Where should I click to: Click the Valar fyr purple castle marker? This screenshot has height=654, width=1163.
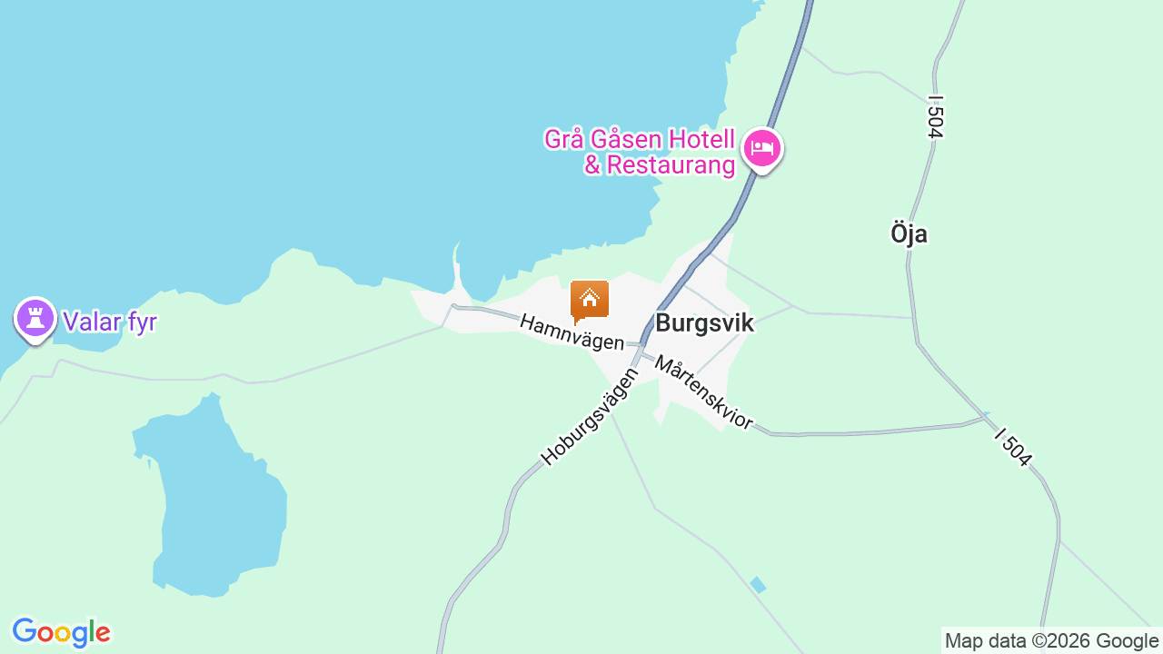(35, 319)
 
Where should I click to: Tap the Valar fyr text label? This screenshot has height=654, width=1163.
(109, 322)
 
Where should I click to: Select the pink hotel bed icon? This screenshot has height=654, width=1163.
(761, 148)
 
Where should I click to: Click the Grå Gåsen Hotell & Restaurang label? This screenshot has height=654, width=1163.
(640, 152)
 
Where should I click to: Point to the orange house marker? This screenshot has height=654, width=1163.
(590, 301)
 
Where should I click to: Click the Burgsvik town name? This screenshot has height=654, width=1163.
(704, 322)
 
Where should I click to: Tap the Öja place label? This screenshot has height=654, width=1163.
(909, 233)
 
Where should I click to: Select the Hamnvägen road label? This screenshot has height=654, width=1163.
(572, 332)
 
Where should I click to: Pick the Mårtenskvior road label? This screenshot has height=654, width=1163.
(704, 393)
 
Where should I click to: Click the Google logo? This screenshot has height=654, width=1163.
(61, 632)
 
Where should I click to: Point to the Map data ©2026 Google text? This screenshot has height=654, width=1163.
(1051, 641)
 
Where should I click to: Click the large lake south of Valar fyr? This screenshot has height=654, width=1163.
(218, 509)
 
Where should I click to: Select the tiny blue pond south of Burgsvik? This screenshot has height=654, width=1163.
(758, 585)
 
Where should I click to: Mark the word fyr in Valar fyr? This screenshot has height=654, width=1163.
(137, 322)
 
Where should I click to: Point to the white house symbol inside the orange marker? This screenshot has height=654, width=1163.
(590, 297)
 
